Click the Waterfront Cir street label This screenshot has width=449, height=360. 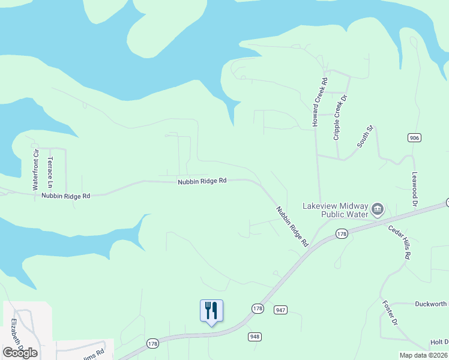pos(35,170)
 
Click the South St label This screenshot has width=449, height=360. pos(365,137)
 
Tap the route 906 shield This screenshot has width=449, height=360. pos(414,138)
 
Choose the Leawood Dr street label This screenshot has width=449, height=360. pos(414,190)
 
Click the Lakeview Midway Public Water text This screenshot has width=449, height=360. pos(335,209)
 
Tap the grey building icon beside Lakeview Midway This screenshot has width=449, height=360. pos(378,209)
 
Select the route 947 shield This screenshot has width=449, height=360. pos(280,310)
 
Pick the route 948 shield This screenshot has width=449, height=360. pos(254,337)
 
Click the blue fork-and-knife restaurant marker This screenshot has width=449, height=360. pos(211,311)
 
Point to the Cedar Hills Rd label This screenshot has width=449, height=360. pos(399,242)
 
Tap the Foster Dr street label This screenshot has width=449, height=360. pos(390,313)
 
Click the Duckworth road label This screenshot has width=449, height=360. pos(431,304)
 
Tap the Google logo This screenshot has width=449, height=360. pos(20,352)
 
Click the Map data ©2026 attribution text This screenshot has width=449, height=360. pos(423,355)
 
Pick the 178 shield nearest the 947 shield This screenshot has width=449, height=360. pos(258,308)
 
